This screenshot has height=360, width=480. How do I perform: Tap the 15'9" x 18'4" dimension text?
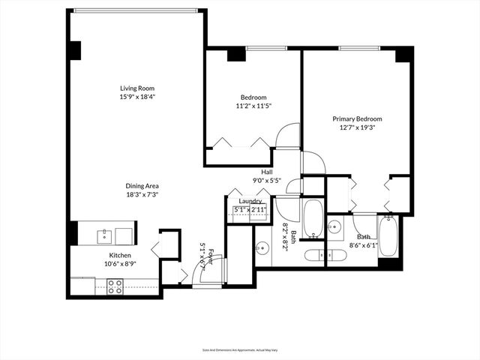pos(136,96)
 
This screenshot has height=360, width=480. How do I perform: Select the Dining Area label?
pos(142,185)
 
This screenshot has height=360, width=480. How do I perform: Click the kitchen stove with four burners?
pos(115,286)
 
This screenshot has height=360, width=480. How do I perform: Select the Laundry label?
pos(250,201)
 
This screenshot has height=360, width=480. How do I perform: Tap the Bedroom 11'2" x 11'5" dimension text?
pos(253,106)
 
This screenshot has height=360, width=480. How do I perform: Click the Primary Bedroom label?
pos(357,118)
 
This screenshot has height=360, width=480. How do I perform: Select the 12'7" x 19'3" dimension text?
pos(357,127)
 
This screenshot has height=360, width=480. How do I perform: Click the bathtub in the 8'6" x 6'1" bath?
pos(388,235)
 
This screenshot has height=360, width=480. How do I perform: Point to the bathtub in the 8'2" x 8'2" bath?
pos(313,217)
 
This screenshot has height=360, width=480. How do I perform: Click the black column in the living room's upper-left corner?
pos(74,50)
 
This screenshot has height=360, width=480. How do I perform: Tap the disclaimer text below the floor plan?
pos(239,349)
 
